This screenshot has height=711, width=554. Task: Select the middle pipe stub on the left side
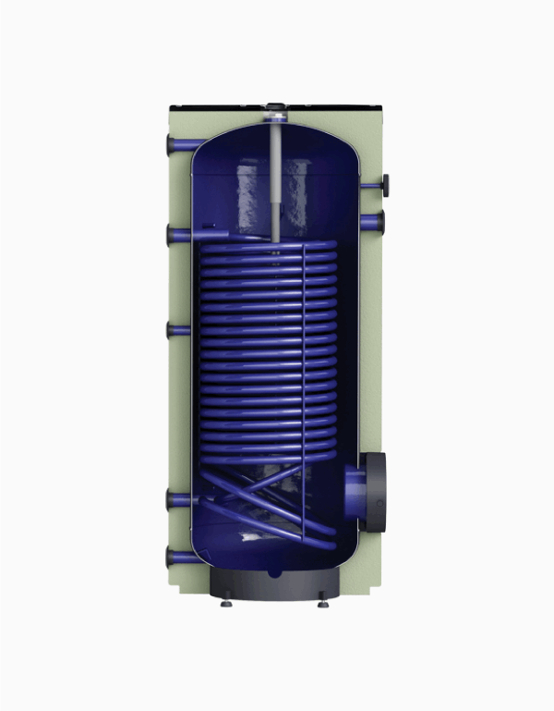[x=176, y=329]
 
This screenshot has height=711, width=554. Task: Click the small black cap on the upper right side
[x=384, y=184]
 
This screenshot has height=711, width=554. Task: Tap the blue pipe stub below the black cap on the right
[x=374, y=222]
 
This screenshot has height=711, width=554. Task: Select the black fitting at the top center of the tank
[x=275, y=107]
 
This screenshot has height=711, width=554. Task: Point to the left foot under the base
[x=226, y=604]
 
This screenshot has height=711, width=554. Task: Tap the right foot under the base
[x=323, y=604]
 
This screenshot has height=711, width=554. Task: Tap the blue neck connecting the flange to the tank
[x=352, y=491]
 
